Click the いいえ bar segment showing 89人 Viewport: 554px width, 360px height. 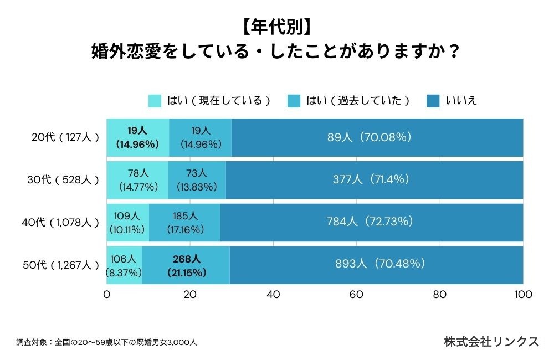(x=377, y=137)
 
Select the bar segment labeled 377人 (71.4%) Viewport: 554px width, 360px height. (x=375, y=180)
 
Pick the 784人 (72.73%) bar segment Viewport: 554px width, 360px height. (x=372, y=223)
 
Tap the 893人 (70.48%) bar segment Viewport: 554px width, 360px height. (x=377, y=265)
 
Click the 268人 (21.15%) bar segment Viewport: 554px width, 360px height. (x=186, y=265)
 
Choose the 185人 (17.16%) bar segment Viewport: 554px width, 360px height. (x=184, y=223)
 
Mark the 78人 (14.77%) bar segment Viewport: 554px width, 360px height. (x=137, y=180)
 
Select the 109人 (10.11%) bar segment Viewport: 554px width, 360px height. (x=128, y=223)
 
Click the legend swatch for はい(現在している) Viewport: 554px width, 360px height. (x=155, y=101)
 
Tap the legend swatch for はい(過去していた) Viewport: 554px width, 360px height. (x=294, y=101)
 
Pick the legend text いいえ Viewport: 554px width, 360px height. (x=461, y=101)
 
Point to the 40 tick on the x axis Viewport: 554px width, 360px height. (x=273, y=294)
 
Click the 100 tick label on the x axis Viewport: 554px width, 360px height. (x=523, y=294)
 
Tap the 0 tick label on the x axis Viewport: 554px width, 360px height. (x=107, y=294)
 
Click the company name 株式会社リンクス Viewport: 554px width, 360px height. (x=491, y=342)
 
